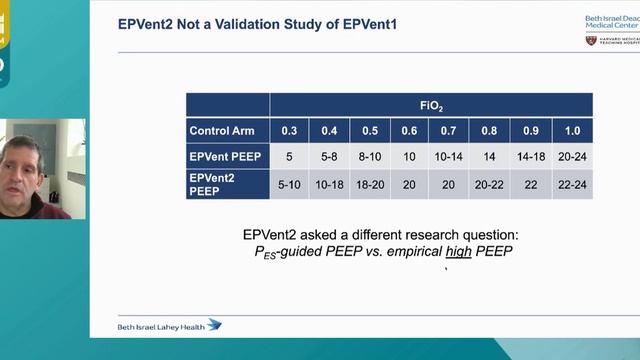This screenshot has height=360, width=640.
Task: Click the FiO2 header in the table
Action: [x=431, y=104]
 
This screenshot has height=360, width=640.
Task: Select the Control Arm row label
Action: [x=227, y=131]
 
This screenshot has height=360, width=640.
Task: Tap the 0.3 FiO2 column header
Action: [x=289, y=131]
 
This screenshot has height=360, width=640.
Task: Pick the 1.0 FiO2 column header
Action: [x=572, y=131]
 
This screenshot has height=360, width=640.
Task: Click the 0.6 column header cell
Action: [x=410, y=131]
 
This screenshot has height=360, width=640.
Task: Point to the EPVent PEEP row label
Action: [x=227, y=157]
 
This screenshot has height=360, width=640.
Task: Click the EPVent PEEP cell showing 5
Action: [x=289, y=157]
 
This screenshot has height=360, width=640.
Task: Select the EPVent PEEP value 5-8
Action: [x=329, y=157]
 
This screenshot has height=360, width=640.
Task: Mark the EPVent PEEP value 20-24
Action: [x=572, y=157]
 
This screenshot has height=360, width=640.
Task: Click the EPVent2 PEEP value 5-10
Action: [x=289, y=184]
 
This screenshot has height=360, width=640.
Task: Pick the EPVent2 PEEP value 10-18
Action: [x=329, y=184]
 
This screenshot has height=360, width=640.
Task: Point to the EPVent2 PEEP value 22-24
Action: [x=572, y=184]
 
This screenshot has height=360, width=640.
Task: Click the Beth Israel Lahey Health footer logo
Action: [x=170, y=325]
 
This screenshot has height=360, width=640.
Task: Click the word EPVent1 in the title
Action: [x=367, y=22]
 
